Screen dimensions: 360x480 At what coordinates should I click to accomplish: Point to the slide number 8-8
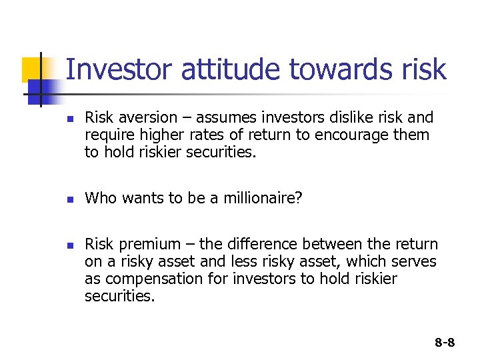444,343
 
